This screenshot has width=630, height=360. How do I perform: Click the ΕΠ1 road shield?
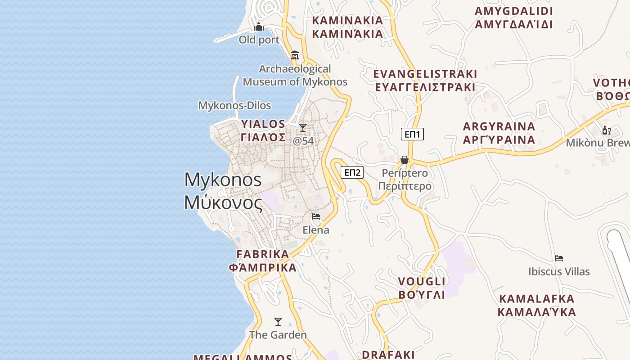pyautogui.click(x=412, y=134)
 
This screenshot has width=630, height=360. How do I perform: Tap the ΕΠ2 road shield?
pyautogui.click(x=352, y=172)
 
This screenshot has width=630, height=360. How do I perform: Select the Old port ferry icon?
pyautogui.click(x=259, y=27)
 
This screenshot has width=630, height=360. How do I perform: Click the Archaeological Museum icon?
pyautogui.click(x=295, y=55)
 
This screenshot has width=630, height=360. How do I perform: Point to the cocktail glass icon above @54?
pyautogui.click(x=303, y=128)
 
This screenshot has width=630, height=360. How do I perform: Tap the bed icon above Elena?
pyautogui.click(x=316, y=216)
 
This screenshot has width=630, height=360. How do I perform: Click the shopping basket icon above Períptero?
pyautogui.click(x=404, y=160)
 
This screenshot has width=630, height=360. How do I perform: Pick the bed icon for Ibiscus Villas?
pyautogui.click(x=559, y=258)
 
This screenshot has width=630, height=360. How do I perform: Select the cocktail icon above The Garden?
pyautogui.click(x=278, y=322)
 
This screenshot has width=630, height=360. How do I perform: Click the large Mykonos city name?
pyautogui.click(x=223, y=191)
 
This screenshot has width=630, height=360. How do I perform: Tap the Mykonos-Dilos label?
pyautogui.click(x=234, y=106)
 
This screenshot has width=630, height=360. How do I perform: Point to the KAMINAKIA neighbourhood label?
pyautogui.click(x=347, y=27)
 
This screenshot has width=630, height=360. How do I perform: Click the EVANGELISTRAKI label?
pyautogui.click(x=425, y=81)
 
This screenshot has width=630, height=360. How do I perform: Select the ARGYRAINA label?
pyautogui.click(x=499, y=133)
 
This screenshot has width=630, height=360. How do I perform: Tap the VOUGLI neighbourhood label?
pyautogui.click(x=422, y=288)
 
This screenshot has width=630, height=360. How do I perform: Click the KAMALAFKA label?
pyautogui.click(x=537, y=305)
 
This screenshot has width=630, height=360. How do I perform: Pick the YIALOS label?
pyautogui.click(x=263, y=130)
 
